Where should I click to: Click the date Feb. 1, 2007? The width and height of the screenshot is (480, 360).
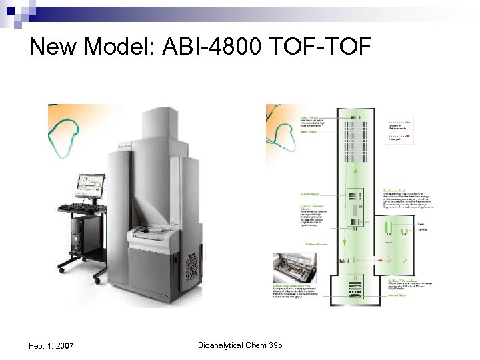[x=51, y=345]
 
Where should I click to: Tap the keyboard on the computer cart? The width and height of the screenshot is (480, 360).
[x=78, y=207]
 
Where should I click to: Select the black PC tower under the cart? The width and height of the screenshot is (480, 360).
[x=75, y=237]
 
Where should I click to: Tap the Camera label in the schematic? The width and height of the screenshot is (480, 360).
[x=421, y=231]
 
